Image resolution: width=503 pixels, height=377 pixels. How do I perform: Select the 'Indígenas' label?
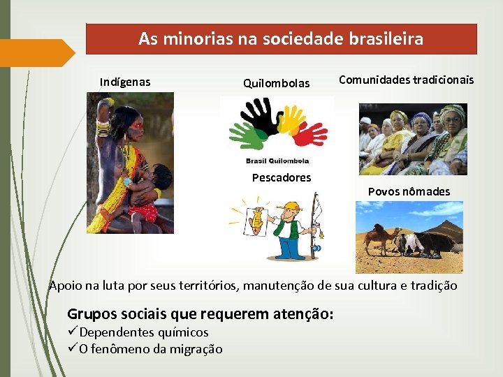coord(124,82)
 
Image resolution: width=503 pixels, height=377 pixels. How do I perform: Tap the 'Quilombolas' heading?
coord(276,84)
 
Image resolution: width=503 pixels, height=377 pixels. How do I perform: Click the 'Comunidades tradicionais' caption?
coord(406,80)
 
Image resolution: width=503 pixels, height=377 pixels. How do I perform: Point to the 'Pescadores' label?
coord(281,177)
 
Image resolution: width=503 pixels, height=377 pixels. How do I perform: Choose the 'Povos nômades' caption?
coord(409,191)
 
